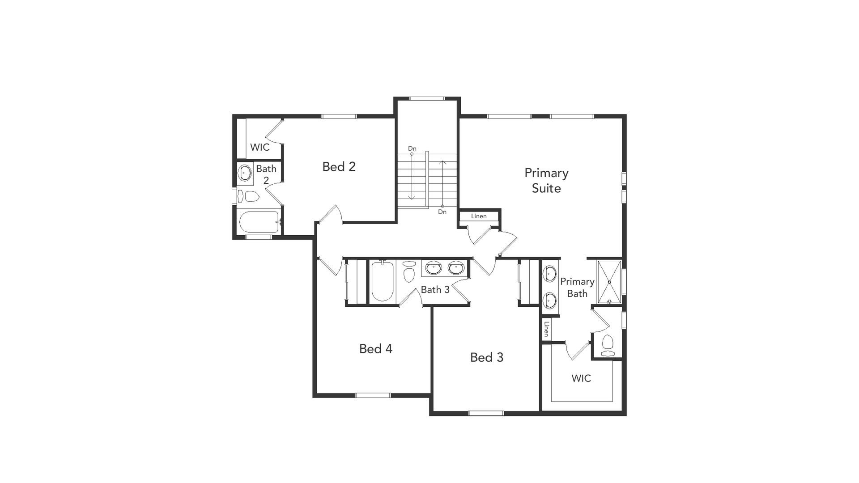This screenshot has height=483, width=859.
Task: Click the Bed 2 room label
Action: pos(339,167)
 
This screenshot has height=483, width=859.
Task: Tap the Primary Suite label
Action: pos(546,180)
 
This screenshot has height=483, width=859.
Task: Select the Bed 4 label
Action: pos(376,349)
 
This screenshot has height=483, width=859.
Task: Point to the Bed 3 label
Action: pos(487,357)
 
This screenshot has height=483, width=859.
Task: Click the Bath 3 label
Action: pos(435,290)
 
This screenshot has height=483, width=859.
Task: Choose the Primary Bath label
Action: pos(577,288)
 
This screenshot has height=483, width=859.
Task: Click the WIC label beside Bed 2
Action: pos(260,147)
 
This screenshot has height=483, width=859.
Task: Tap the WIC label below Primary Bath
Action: pos(581,378)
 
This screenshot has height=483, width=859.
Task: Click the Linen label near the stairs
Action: pos(479,216)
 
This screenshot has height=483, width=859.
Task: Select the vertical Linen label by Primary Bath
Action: pos(546,329)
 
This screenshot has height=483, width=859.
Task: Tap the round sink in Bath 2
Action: pos(245,172)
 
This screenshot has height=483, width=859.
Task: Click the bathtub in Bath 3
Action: pos(383,281)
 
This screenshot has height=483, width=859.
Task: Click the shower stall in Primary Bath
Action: pos(609,282)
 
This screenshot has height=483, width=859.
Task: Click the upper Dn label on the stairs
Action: pos(412,148)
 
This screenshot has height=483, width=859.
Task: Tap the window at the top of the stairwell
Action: pos(427,98)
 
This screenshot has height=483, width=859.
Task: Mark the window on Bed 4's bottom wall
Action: pos(373,395)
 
